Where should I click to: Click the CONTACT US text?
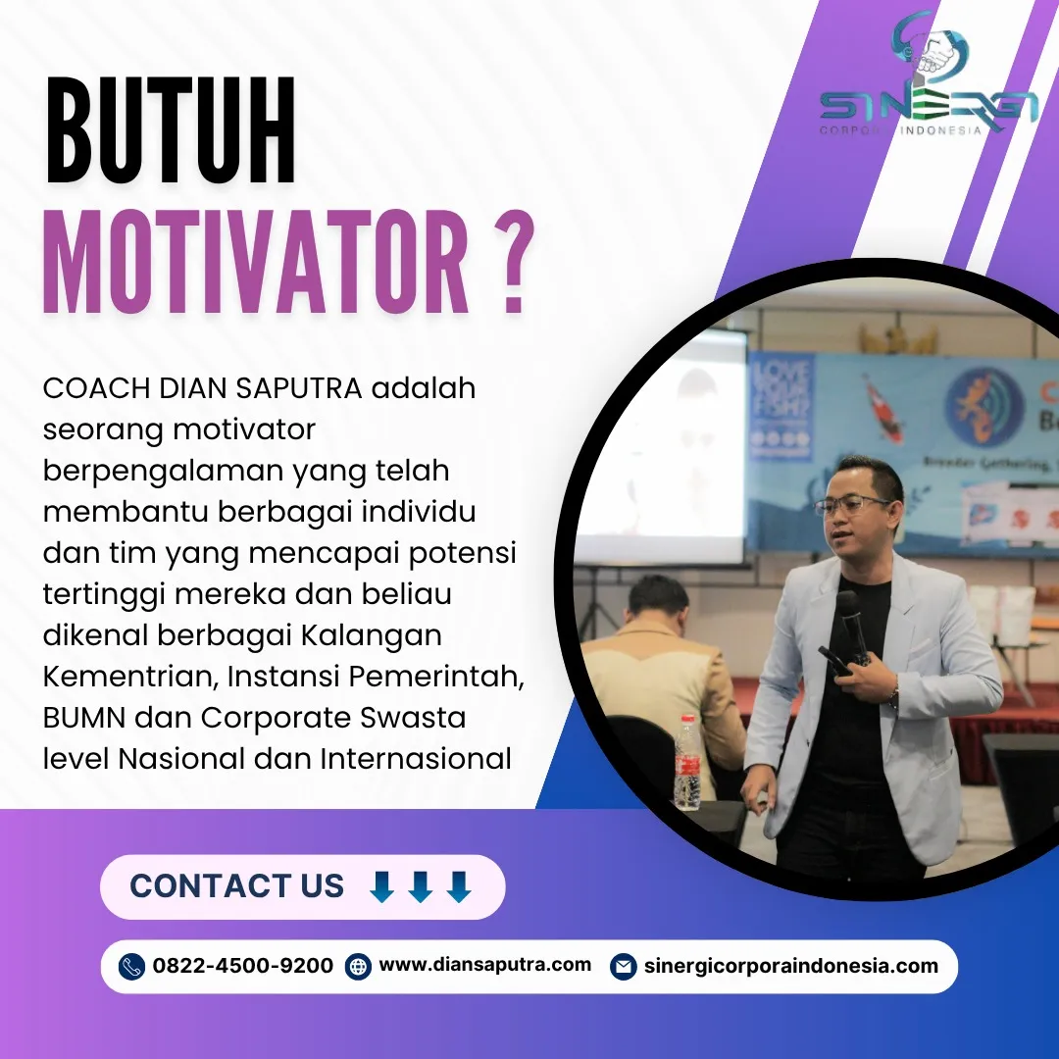pos(236,886)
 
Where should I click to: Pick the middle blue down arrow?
pos(421,886)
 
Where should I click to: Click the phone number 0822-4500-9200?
pos(242,966)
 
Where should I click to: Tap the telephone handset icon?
pos(131,967)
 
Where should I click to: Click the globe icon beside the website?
pos(359,967)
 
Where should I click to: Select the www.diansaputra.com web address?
pos(484,965)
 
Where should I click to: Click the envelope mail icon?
pos(622,967)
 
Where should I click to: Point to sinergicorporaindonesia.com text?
pos(790,966)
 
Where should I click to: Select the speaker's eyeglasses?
pos(851,506)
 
